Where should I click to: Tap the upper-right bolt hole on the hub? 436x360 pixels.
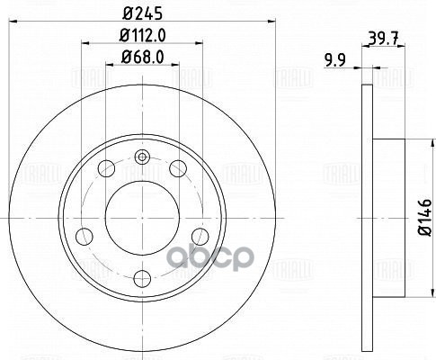(x=176, y=167)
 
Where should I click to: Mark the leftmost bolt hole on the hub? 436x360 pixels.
(x=85, y=235)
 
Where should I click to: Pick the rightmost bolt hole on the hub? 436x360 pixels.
(x=198, y=235)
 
